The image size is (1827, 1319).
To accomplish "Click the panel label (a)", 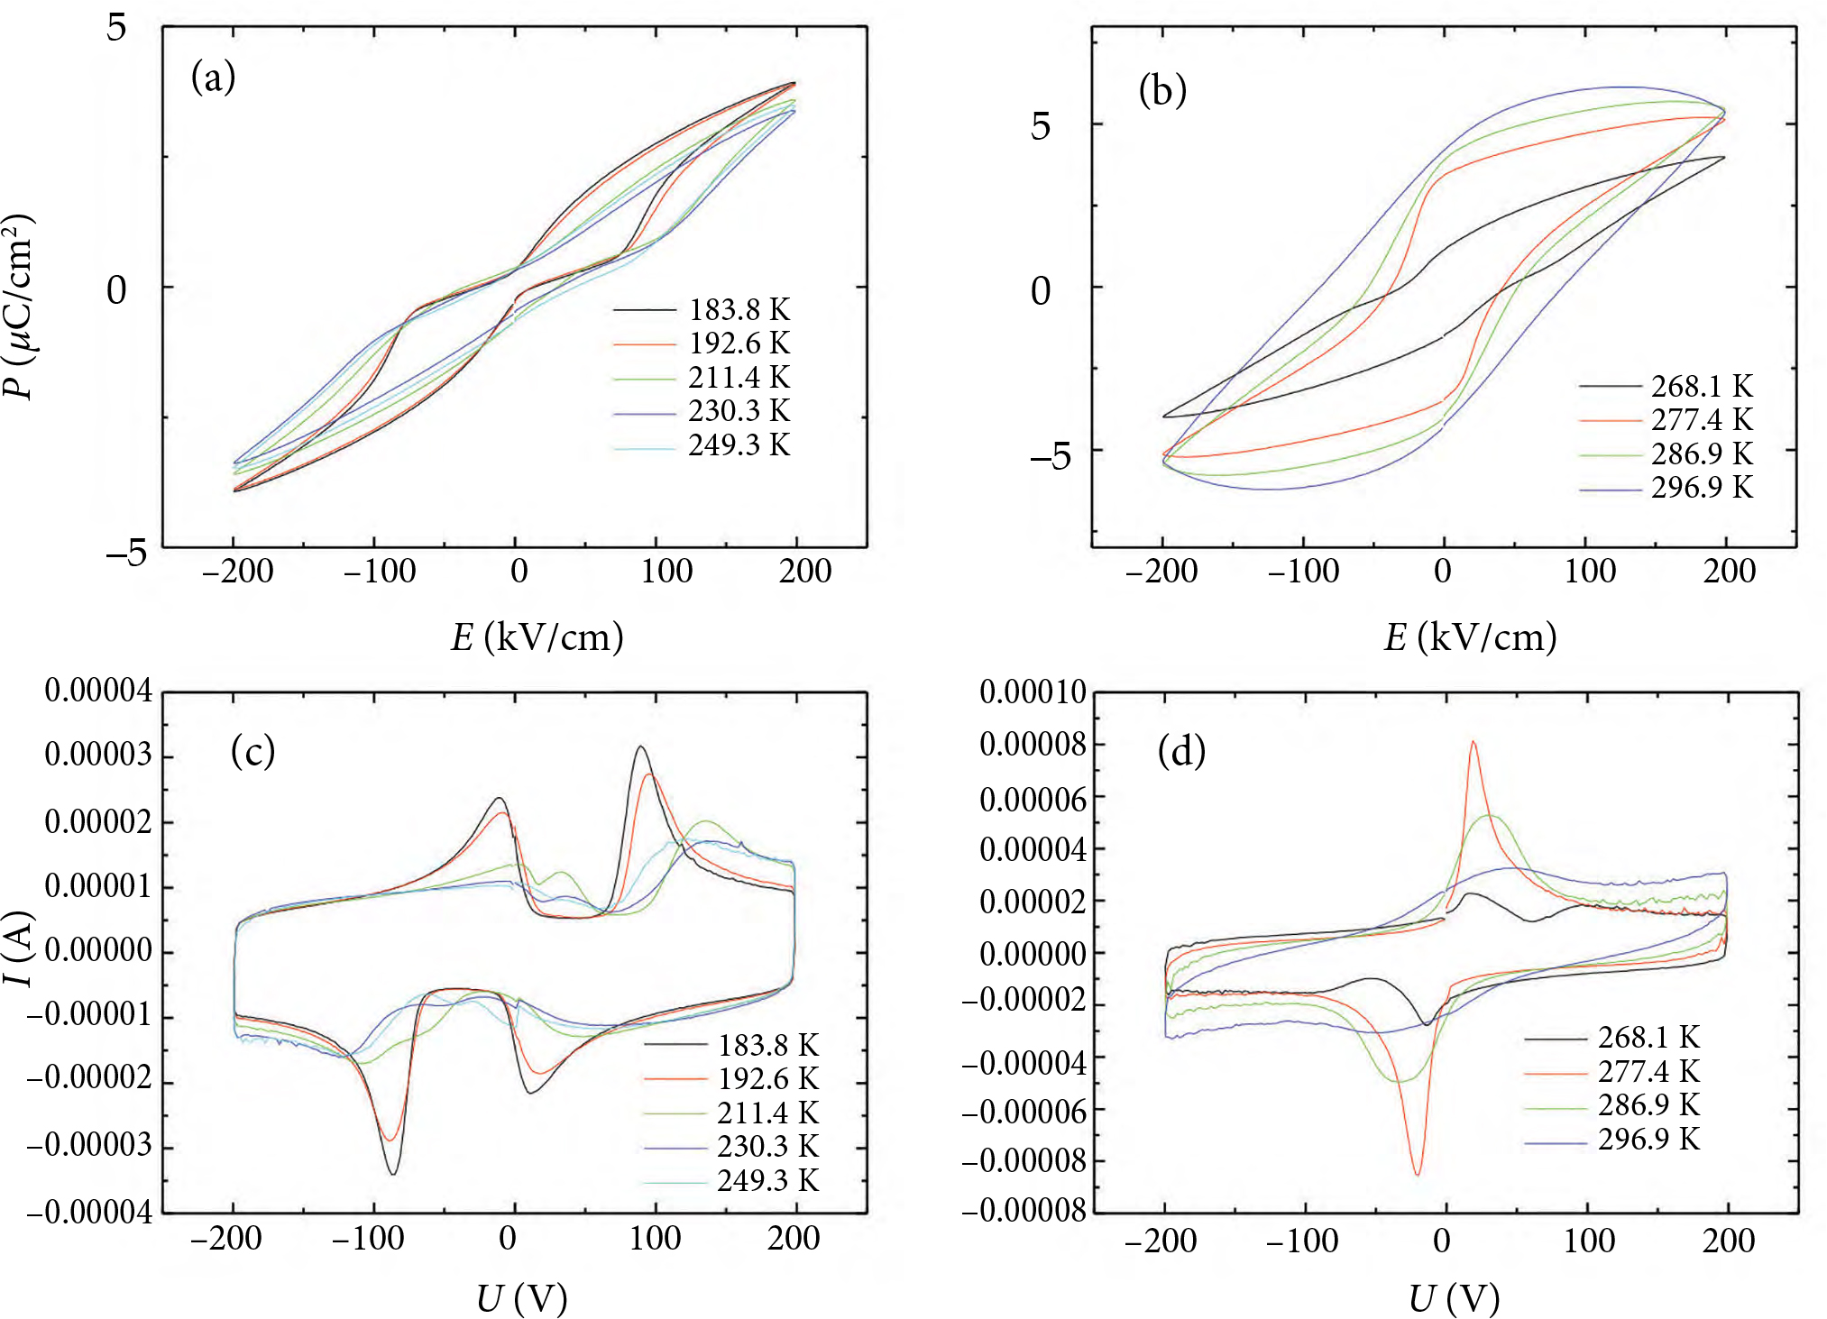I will click(x=213, y=78).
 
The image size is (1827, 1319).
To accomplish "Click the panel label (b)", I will click(x=1162, y=90).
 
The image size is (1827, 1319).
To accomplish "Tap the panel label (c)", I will click(x=252, y=751).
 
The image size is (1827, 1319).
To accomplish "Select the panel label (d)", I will click(x=1181, y=751).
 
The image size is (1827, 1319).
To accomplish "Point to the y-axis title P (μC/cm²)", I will click(x=20, y=307).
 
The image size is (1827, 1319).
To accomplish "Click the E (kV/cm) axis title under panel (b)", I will click(x=1470, y=637).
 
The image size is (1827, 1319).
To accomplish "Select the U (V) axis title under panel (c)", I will click(x=521, y=1299).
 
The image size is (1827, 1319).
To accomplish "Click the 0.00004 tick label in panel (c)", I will click(x=98, y=692).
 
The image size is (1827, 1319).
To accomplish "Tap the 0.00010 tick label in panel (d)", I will click(x=1033, y=692).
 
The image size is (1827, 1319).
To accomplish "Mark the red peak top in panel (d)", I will click(x=1473, y=742).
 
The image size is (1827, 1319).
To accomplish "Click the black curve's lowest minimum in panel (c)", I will click(x=392, y=1173).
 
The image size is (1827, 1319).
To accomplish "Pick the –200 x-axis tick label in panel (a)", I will click(x=237, y=572).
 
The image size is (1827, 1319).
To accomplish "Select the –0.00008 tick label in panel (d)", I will click(x=1024, y=1161).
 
